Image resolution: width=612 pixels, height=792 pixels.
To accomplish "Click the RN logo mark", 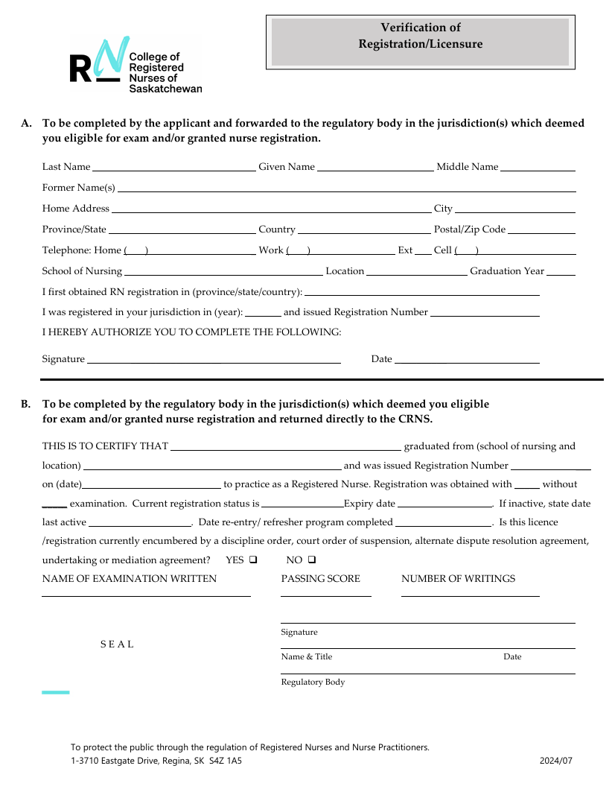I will (95, 61).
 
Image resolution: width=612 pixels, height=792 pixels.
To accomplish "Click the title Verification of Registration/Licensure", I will (420, 36).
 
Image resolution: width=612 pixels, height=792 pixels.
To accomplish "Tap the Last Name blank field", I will (173, 168).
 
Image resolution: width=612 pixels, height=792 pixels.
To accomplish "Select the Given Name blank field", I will (375, 168).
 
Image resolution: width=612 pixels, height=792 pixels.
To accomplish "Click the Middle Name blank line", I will (538, 168).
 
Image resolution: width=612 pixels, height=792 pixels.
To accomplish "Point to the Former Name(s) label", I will (79, 188).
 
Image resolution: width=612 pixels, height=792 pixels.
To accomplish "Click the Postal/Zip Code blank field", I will (541, 230).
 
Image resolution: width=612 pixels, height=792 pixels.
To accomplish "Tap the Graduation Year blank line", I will (561, 272).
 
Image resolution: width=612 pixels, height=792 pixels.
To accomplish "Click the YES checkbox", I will (253, 560).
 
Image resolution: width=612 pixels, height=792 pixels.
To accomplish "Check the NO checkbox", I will (312, 560).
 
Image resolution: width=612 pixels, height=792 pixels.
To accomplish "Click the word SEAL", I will (117, 644).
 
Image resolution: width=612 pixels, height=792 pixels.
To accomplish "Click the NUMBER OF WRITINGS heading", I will (458, 579).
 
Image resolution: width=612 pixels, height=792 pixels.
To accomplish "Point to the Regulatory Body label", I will (313, 682).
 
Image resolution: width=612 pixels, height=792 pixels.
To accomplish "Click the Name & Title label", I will (306, 657).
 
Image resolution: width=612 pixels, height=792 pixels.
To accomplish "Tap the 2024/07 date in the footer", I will (556, 761).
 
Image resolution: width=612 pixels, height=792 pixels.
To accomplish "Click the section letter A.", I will (25, 124).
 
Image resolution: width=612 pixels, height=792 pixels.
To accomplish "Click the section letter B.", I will (25, 405).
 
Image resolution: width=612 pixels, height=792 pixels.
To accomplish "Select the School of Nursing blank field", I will (223, 272).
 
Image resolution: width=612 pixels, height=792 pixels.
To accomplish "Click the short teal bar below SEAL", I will (55, 692).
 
